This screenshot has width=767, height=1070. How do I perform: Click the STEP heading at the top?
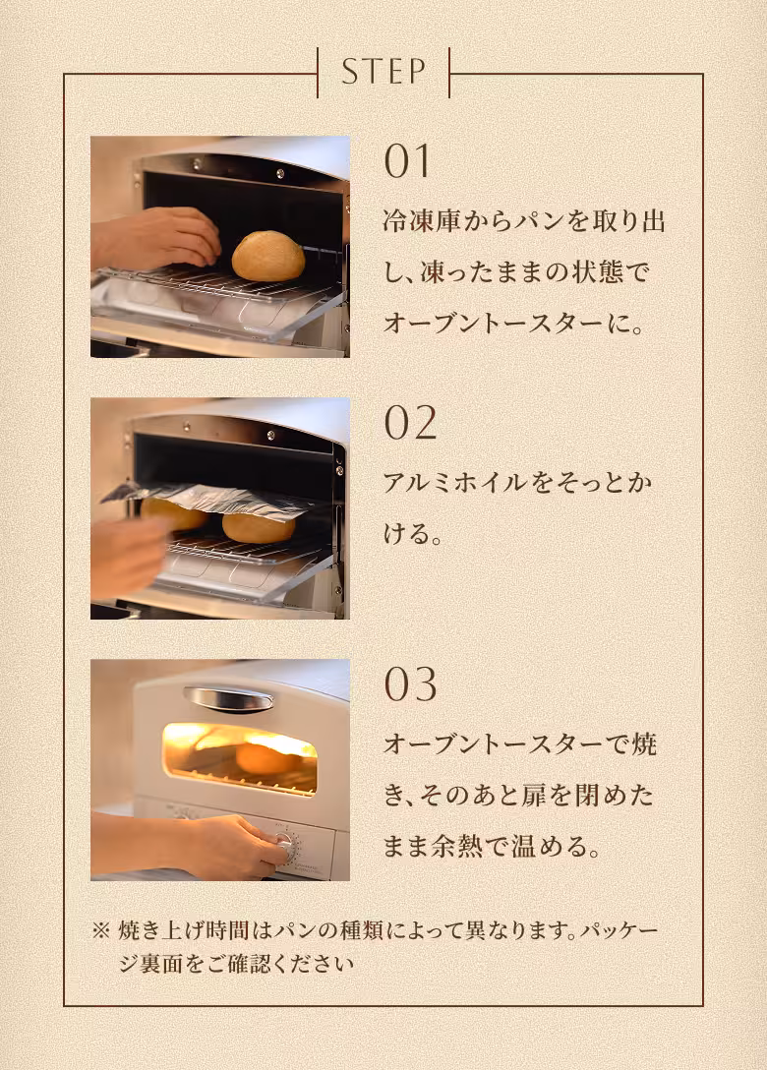(x=383, y=72)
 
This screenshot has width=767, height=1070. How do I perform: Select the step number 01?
(x=407, y=162)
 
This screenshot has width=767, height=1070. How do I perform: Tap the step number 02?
(x=409, y=423)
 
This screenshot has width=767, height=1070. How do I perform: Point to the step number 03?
(x=409, y=684)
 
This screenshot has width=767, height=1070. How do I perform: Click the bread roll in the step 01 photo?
(x=267, y=256)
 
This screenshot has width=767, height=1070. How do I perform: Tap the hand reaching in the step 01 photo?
(x=157, y=239)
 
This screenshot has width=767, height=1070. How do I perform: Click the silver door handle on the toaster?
(x=228, y=699)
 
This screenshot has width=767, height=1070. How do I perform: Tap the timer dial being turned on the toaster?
(x=285, y=844)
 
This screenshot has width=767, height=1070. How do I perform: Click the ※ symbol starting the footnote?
(x=100, y=930)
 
